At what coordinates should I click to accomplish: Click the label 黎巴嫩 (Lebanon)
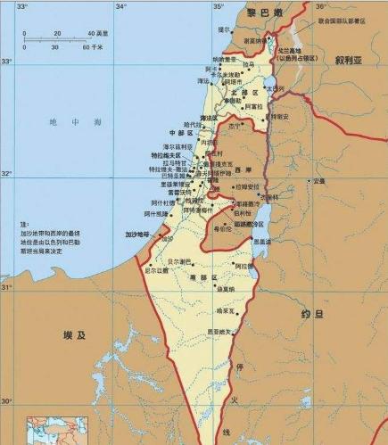(x=264, y=12)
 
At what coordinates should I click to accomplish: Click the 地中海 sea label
(x=63, y=122)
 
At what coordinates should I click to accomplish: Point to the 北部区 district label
(x=244, y=92)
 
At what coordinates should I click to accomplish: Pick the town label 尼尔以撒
(x=157, y=269)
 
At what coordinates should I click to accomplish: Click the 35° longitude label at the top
(x=216, y=6)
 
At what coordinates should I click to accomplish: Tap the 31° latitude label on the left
(x=6, y=287)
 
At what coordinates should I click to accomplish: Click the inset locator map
(x=52, y=432)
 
